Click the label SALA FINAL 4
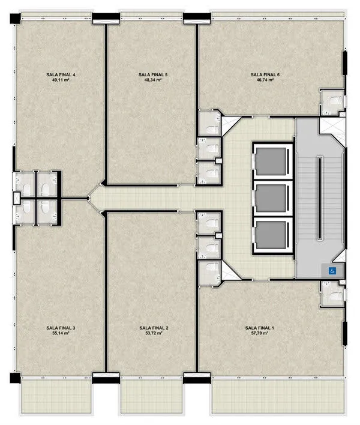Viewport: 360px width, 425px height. pos(61,74)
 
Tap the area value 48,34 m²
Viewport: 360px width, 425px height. pos(153,80)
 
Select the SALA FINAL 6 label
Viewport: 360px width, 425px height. pos(265,74)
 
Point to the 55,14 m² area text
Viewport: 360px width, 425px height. pos(61,333)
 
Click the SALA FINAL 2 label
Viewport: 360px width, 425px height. pos(154,328)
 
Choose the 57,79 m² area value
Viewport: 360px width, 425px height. pos(260,333)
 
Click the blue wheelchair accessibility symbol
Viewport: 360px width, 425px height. pos(332,271)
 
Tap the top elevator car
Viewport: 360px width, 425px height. pos(271,161)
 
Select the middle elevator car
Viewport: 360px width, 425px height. pos(271,198)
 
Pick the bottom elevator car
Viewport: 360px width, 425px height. pos(271,235)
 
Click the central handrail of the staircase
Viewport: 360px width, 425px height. pos(320,197)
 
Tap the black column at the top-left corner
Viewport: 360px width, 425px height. pos(16,19)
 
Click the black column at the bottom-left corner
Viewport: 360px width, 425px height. pos(16,378)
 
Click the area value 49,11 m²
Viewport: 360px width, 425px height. pos(61,80)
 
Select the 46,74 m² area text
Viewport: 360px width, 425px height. pos(265,80)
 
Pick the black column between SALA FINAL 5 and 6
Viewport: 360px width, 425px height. pos(197,19)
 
